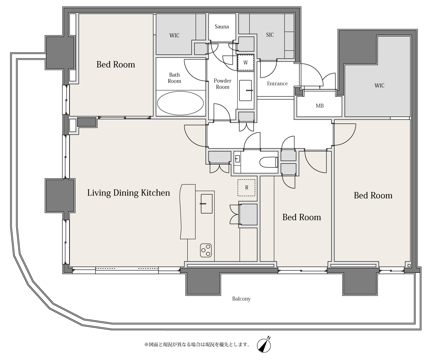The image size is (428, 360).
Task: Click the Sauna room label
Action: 222,26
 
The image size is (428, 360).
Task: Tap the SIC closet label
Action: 270,35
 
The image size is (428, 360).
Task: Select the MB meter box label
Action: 320,105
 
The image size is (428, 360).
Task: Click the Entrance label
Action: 277,84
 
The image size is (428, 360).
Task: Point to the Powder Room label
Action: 222,84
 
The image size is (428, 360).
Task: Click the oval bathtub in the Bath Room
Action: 180,103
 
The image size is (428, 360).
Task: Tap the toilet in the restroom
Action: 268,162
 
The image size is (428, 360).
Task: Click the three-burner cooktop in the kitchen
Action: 206,250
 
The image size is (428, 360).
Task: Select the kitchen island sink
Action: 207,203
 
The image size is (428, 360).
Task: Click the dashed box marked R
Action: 246,188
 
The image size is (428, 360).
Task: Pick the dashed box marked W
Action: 246,62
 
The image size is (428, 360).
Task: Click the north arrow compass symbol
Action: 264,345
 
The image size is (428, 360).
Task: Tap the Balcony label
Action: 241,299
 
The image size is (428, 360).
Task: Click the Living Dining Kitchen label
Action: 129,193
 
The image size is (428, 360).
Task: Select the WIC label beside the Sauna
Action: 174,35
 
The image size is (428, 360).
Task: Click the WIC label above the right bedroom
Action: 379,85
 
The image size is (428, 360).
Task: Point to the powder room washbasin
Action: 245,90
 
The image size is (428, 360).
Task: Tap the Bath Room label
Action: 174,78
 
